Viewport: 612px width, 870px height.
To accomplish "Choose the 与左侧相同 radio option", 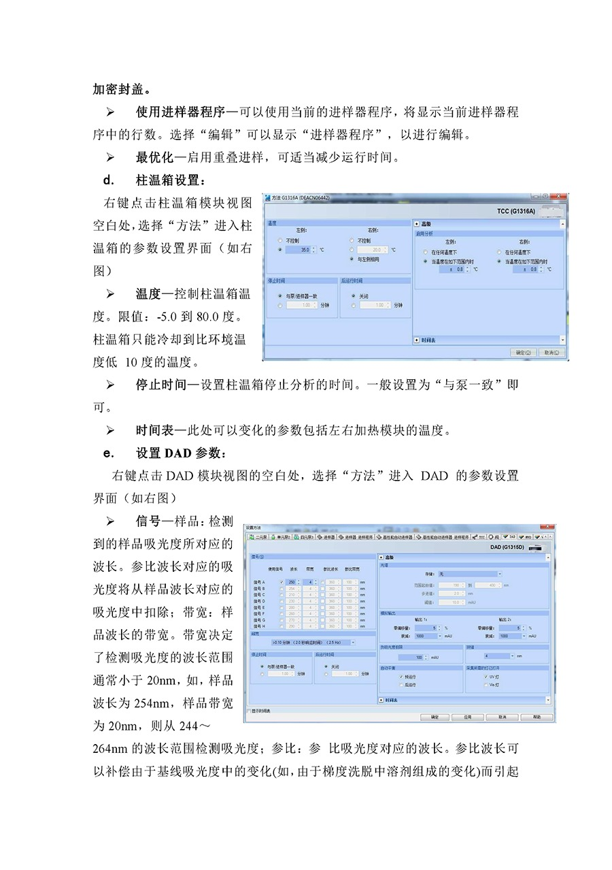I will point(351,259).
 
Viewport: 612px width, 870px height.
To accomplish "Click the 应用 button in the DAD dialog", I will point(468,717).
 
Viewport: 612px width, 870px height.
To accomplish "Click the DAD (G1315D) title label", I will point(505,547).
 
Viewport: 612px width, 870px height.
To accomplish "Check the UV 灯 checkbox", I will point(486,677).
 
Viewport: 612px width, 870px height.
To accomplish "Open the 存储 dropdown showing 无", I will point(469,574).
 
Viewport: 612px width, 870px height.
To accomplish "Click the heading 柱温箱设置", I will point(169,180).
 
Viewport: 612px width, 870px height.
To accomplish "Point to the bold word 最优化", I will point(155,157).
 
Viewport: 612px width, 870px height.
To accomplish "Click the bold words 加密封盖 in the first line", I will point(122,89).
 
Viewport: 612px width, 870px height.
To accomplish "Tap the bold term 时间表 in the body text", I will point(155,430).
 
